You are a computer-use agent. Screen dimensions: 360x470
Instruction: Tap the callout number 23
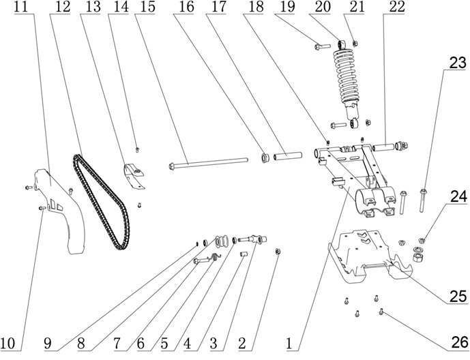click(x=457, y=63)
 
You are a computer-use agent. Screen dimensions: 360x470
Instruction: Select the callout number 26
click(x=458, y=341)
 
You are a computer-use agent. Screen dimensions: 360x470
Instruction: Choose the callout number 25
click(x=458, y=297)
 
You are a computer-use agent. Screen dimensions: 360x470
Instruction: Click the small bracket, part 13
click(x=135, y=174)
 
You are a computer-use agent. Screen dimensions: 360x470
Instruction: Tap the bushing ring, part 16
click(x=261, y=160)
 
